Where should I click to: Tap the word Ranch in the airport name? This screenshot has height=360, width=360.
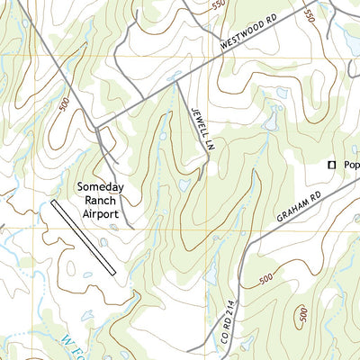click(x=101, y=201)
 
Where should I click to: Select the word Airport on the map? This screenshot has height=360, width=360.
click(x=101, y=214)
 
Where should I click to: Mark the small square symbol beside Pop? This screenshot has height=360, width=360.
click(x=331, y=165)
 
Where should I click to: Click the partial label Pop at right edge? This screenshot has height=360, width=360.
click(x=350, y=166)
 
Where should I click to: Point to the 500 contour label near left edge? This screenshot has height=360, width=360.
click(x=64, y=106)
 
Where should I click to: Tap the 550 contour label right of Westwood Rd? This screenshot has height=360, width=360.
click(x=308, y=16)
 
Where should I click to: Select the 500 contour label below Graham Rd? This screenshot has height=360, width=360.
click(x=264, y=280)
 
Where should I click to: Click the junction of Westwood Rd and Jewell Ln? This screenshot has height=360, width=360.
click(x=176, y=84)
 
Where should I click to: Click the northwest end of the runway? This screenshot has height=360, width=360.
click(x=54, y=202)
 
